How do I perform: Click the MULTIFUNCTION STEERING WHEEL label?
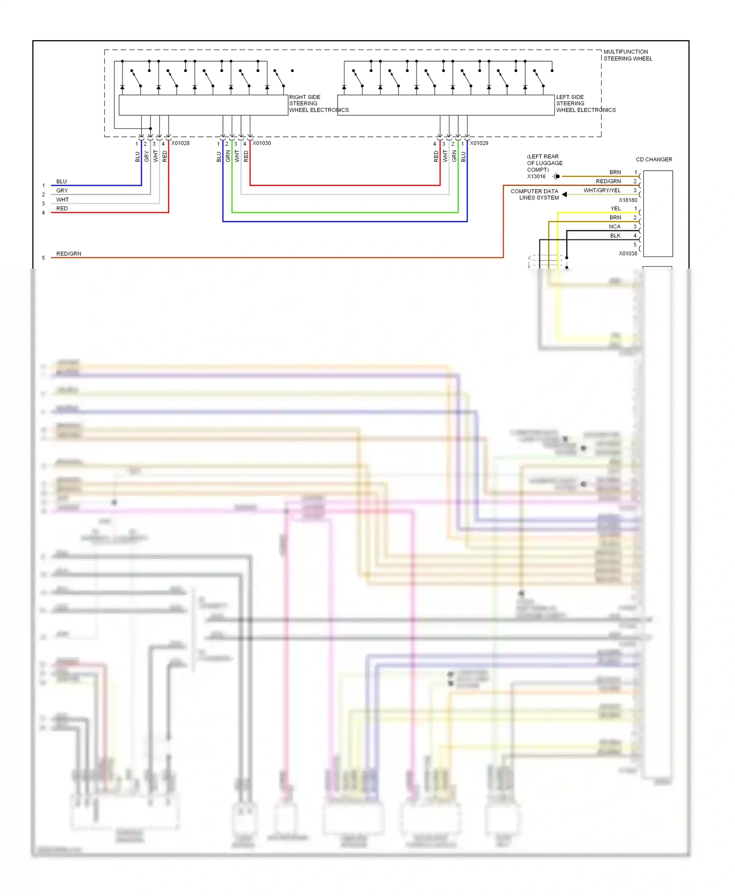click(627, 55)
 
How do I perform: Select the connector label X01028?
click(180, 143)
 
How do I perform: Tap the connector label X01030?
click(262, 143)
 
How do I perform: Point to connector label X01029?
click(479, 143)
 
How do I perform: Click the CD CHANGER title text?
click(654, 159)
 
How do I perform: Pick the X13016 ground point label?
click(536, 176)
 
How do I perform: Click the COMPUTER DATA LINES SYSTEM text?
click(535, 195)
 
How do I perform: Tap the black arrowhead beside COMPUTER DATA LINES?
click(564, 195)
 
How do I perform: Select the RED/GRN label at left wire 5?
click(69, 253)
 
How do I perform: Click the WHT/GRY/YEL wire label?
click(602, 190)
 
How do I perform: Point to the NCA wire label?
click(614, 226)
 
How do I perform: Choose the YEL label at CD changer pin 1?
click(615, 208)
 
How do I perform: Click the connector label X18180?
click(628, 200)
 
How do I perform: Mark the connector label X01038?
click(628, 253)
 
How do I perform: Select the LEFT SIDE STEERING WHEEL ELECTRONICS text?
click(585, 103)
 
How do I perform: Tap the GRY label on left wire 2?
click(62, 190)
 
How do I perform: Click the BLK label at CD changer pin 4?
click(615, 236)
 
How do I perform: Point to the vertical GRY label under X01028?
click(147, 156)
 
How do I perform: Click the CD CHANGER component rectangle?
click(658, 213)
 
